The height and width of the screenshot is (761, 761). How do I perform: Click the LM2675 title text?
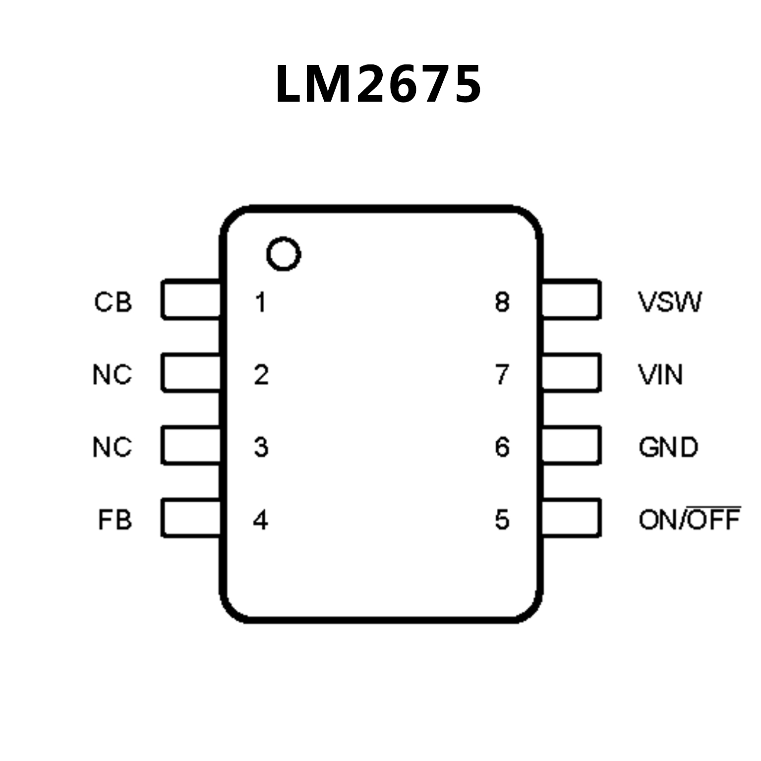coord(378,84)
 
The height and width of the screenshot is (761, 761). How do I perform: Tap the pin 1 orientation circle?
coord(284,254)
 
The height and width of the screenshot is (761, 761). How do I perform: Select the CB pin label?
coord(114,302)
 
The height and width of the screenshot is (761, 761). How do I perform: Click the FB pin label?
coord(115,520)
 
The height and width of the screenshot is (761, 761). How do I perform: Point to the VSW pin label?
coord(670,302)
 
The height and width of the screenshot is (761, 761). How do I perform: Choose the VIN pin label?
coord(660,375)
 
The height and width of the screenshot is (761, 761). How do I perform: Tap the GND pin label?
coord(668,447)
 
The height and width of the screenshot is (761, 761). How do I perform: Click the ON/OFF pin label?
coord(689,520)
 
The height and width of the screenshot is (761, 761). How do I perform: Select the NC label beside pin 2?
coord(113,375)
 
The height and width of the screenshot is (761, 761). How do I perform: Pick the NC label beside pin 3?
coord(113,447)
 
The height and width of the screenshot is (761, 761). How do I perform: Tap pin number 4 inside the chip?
coord(261,520)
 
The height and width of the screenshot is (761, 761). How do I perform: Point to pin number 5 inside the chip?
coord(502,520)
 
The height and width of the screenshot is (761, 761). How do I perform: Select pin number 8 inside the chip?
coord(502,302)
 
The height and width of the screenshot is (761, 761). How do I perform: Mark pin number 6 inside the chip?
coord(502,447)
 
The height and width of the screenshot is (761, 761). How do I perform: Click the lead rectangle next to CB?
coord(191,299)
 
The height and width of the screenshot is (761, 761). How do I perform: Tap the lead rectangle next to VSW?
coord(572,299)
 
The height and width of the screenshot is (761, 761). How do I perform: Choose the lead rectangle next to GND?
coord(572,445)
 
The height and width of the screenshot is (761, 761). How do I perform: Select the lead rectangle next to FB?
coord(191,518)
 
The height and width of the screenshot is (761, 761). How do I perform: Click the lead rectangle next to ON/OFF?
coord(572,518)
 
